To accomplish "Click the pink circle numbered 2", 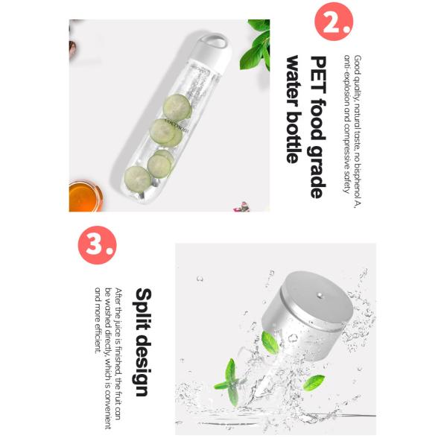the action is [334, 22].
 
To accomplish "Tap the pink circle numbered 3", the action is [97, 245].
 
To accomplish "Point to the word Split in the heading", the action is [143, 309].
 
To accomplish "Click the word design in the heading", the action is [142, 364].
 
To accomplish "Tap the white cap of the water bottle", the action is [212, 51].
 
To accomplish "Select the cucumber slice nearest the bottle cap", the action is [177, 108].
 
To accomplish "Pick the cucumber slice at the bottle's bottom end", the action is [138, 179].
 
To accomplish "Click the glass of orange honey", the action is [86, 196].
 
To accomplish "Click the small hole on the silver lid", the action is [320, 296].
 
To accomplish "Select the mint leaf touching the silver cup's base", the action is [270, 342].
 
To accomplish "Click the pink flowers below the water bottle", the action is [241, 207].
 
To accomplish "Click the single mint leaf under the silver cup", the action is [314, 383].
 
